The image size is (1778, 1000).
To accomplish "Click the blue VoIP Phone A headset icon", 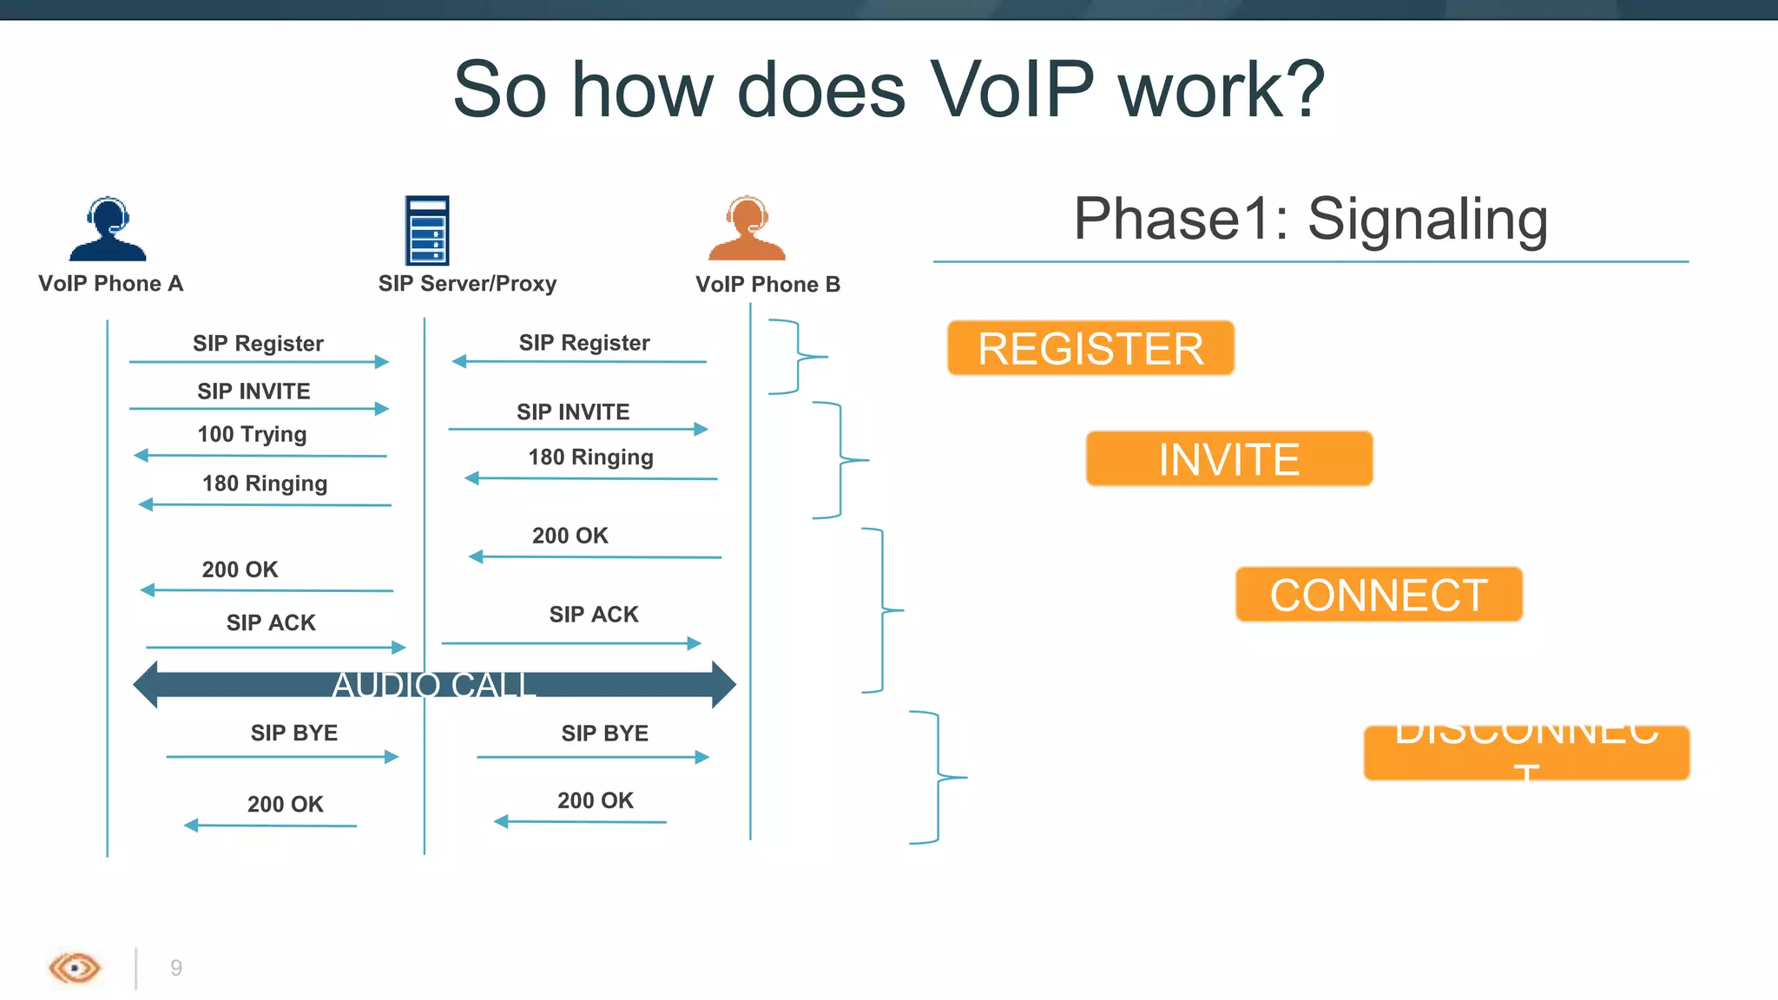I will click(108, 229).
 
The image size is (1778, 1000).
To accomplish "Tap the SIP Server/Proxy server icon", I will click(427, 230).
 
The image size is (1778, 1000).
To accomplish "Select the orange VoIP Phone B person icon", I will click(747, 229).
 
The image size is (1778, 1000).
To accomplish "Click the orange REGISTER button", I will click(1090, 348).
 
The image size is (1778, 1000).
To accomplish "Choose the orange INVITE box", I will click(1228, 458).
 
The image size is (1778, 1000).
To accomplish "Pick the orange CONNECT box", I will click(1379, 595).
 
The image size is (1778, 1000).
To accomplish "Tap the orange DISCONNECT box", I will click(1526, 753).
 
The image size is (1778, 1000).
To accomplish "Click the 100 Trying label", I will click(252, 434).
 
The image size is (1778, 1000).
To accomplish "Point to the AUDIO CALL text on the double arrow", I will click(433, 685).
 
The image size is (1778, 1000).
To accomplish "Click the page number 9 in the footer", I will click(176, 968).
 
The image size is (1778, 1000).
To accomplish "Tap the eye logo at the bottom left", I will click(75, 967).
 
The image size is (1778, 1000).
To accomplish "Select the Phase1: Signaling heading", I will click(1310, 219).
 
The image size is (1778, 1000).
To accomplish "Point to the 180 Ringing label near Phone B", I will click(590, 457).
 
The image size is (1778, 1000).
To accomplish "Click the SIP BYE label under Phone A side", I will click(294, 734).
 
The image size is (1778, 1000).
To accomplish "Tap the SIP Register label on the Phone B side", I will click(584, 343).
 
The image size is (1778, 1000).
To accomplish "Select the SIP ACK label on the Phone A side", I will click(271, 623).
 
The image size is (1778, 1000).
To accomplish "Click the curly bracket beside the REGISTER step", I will click(799, 357).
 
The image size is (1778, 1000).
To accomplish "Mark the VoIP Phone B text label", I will click(767, 285).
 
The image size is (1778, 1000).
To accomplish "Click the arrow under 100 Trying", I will click(260, 455).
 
